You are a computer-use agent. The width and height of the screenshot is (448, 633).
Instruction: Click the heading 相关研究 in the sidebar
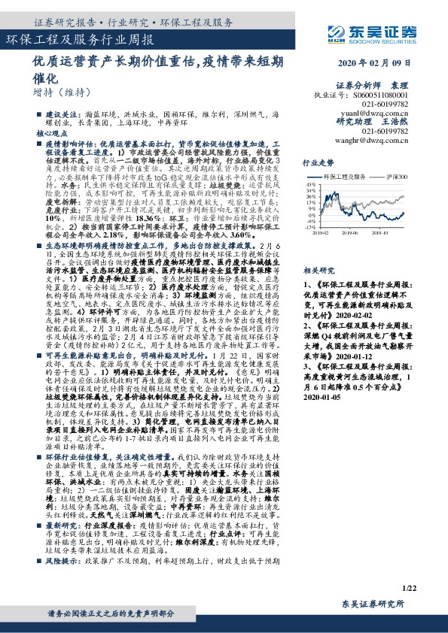[318, 268]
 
